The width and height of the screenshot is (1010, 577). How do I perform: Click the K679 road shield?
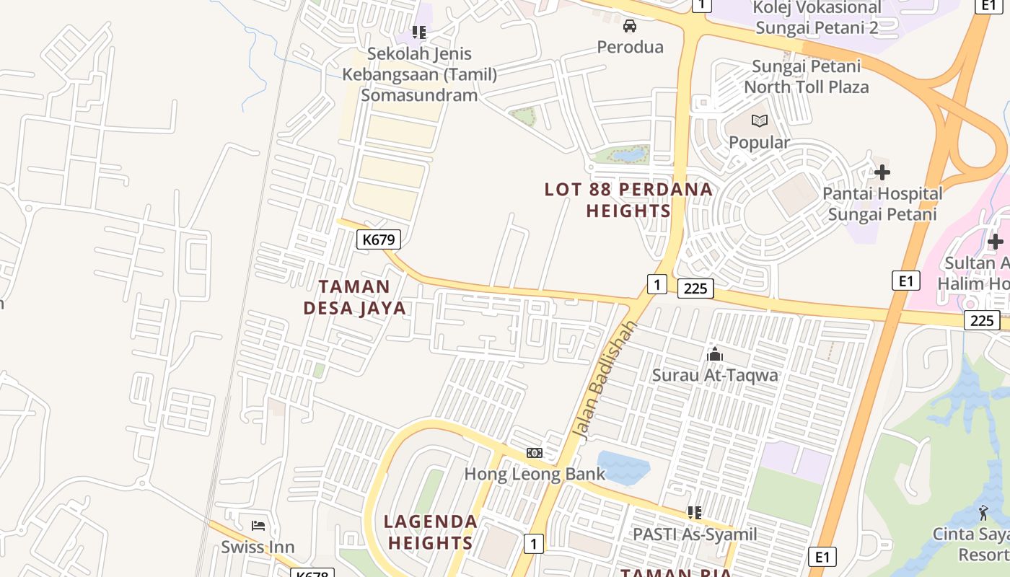[x=379, y=239]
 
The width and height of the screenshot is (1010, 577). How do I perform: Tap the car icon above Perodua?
[x=630, y=27]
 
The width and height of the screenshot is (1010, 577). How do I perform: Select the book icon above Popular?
[x=759, y=121]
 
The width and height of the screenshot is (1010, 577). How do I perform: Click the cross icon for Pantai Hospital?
[x=882, y=172]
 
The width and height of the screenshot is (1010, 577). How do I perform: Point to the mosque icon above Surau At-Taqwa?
[x=715, y=354]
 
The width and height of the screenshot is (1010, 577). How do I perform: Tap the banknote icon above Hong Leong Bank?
[x=534, y=452]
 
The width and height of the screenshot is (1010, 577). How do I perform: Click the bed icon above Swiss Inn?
[x=258, y=525]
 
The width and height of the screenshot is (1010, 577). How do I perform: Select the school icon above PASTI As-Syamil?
[x=694, y=513]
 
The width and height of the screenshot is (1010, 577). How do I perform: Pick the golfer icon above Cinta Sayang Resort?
[x=983, y=513]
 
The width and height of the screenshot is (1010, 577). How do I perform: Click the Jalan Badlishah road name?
[x=605, y=379]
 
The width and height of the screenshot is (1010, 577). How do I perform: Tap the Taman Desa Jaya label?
[x=354, y=298]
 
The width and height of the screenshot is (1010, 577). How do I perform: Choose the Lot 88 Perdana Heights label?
[x=628, y=200]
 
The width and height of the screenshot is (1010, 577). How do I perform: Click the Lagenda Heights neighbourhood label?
[x=431, y=532]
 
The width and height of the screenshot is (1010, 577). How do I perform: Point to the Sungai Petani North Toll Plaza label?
[x=806, y=76]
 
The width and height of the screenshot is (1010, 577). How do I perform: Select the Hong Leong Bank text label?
[x=535, y=474]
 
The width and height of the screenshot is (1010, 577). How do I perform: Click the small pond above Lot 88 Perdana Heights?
[x=628, y=154]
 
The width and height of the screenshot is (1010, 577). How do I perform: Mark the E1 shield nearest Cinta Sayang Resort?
[x=822, y=556]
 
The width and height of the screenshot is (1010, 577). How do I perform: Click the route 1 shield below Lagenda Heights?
[x=533, y=543]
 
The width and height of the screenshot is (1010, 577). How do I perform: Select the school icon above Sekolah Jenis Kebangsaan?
[x=418, y=32]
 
